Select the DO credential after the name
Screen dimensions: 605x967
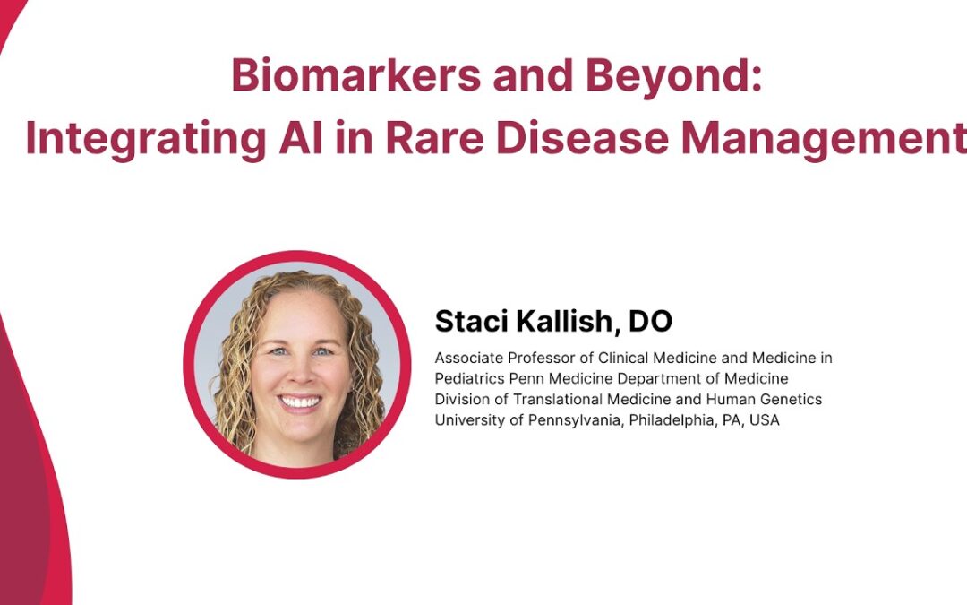[650, 321]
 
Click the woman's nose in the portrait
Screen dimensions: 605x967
[298, 371]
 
